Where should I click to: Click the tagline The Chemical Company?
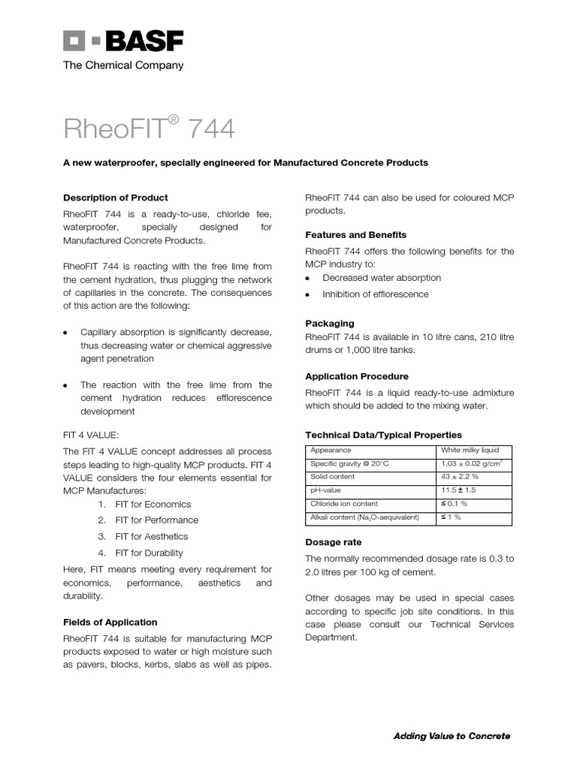[x=122, y=65]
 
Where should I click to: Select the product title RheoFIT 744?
[x=149, y=129]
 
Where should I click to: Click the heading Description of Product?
[x=115, y=198]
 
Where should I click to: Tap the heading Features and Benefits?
[x=355, y=234]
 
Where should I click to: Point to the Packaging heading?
[x=329, y=323]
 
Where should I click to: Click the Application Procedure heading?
[x=357, y=375]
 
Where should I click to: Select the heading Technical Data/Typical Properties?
[x=383, y=435]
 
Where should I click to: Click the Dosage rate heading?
[x=333, y=541]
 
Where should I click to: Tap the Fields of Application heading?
[x=110, y=622]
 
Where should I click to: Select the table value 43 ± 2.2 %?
[x=459, y=477]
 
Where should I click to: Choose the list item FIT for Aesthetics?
[x=151, y=536]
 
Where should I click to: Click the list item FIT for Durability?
[x=149, y=553]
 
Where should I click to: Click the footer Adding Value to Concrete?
[x=452, y=736]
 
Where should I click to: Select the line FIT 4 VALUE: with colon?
[x=91, y=435]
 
